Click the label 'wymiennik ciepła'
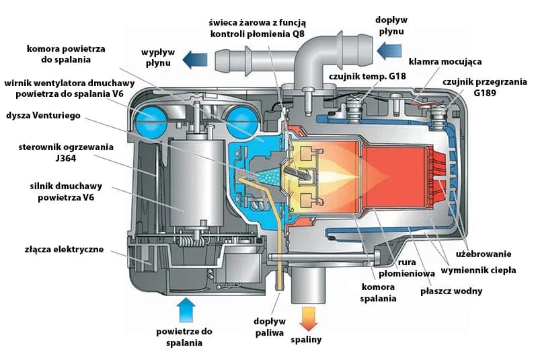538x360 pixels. click(478, 270)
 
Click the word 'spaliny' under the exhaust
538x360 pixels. click(306, 339)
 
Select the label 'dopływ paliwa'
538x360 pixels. click(268, 326)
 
